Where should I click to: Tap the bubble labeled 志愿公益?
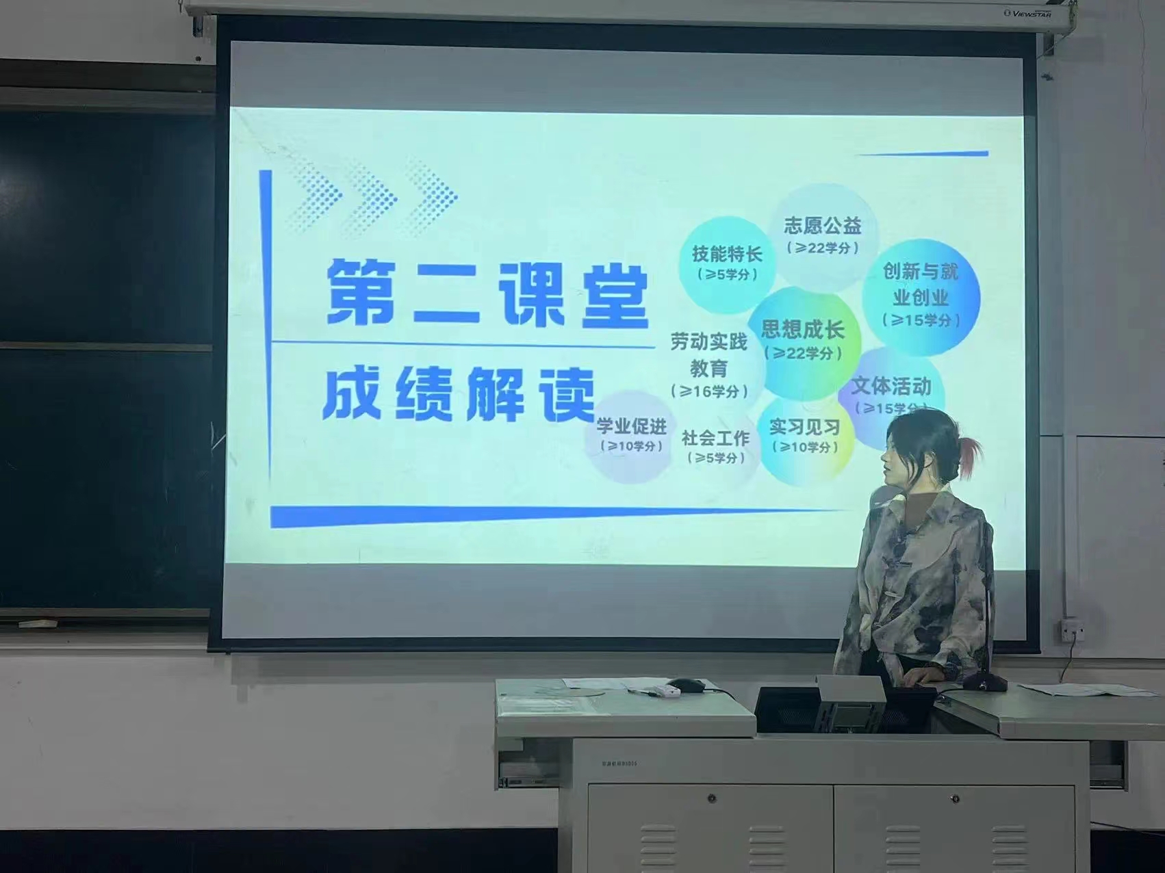click(x=822, y=235)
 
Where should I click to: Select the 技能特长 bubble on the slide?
click(x=727, y=263)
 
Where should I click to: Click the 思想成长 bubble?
click(x=803, y=340)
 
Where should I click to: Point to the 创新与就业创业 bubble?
click(x=921, y=296)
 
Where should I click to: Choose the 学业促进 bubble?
click(x=630, y=436)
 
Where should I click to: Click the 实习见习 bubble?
click(x=805, y=436)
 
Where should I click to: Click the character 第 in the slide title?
click(x=361, y=292)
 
